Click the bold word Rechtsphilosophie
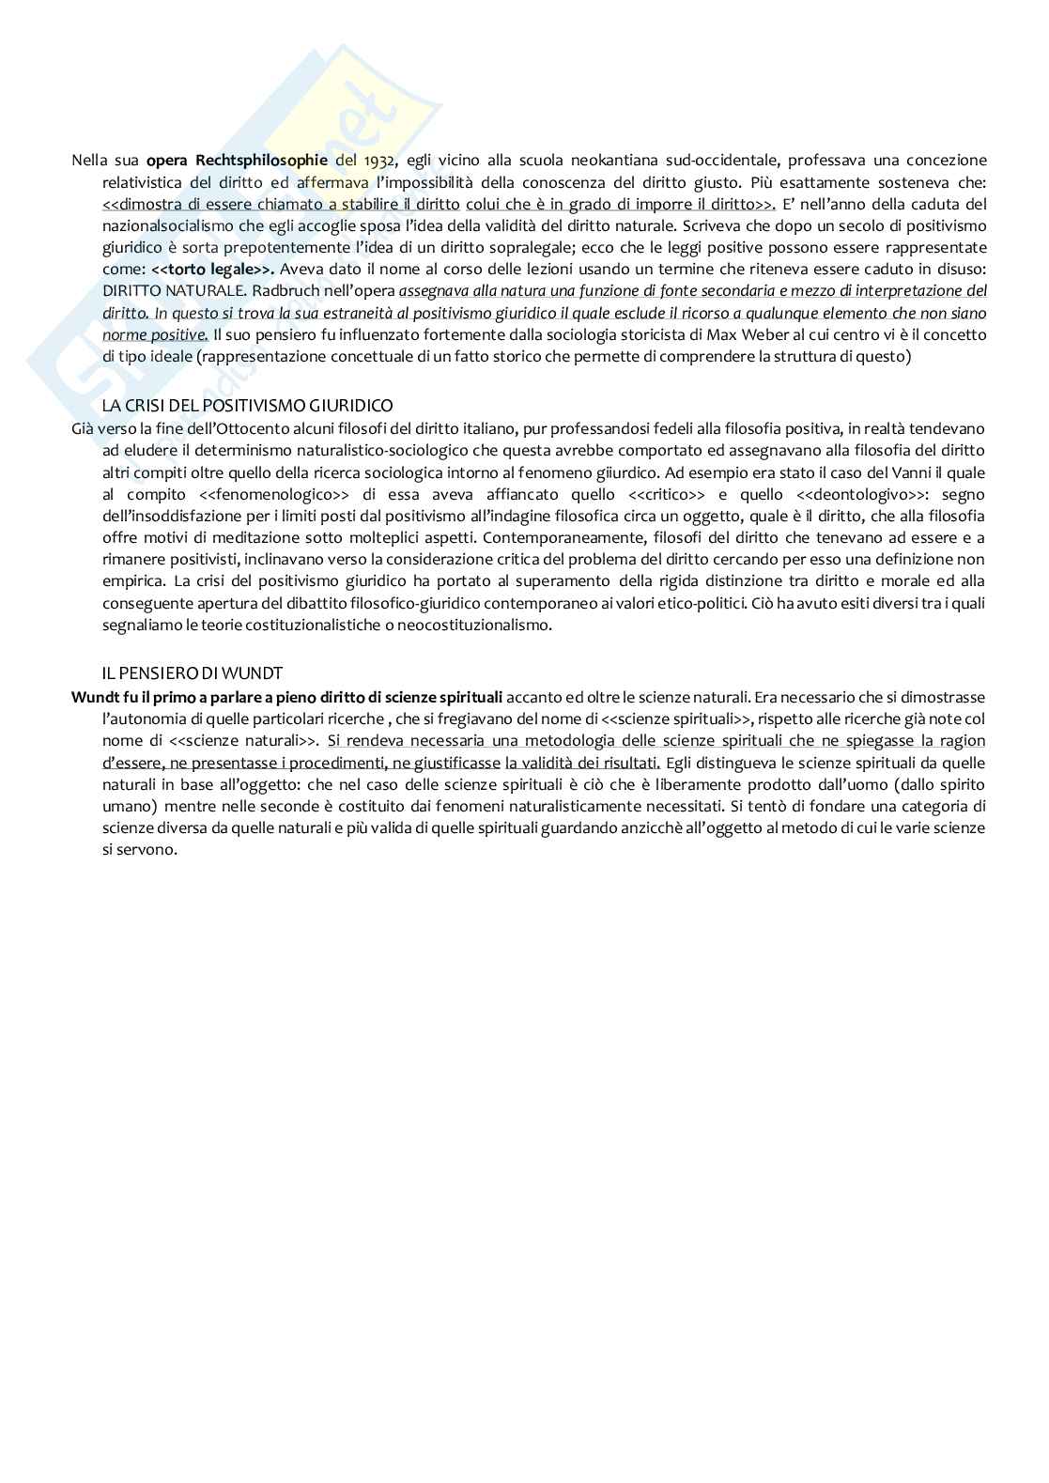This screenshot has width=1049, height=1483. pos(262,161)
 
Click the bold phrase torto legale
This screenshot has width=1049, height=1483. pos(207,270)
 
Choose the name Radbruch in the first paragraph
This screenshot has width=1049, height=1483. pos(283,291)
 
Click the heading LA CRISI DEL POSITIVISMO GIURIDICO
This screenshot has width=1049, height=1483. pos(247,406)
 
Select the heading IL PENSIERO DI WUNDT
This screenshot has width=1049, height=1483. pos(192,673)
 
